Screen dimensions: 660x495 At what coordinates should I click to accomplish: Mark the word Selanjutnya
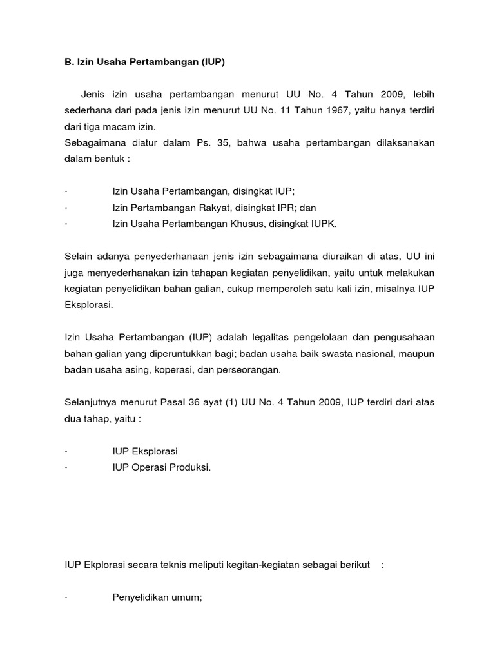(x=93, y=402)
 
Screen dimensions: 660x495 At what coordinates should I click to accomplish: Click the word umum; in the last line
(x=188, y=597)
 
